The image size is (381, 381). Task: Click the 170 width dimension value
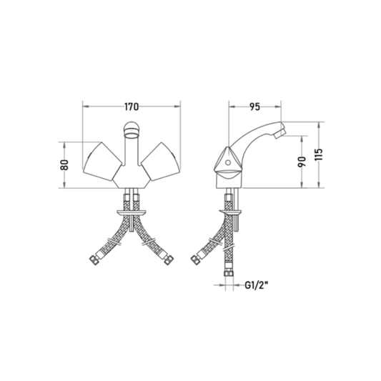point(132,107)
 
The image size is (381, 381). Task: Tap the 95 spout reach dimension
point(254,107)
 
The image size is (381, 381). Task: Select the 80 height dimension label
point(65,165)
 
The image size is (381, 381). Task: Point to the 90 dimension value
point(302,162)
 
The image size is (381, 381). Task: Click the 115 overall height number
point(319,154)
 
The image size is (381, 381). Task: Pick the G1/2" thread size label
point(256,284)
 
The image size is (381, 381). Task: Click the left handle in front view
point(102,162)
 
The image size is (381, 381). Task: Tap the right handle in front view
point(161,162)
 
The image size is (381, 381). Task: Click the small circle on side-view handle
point(228,162)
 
